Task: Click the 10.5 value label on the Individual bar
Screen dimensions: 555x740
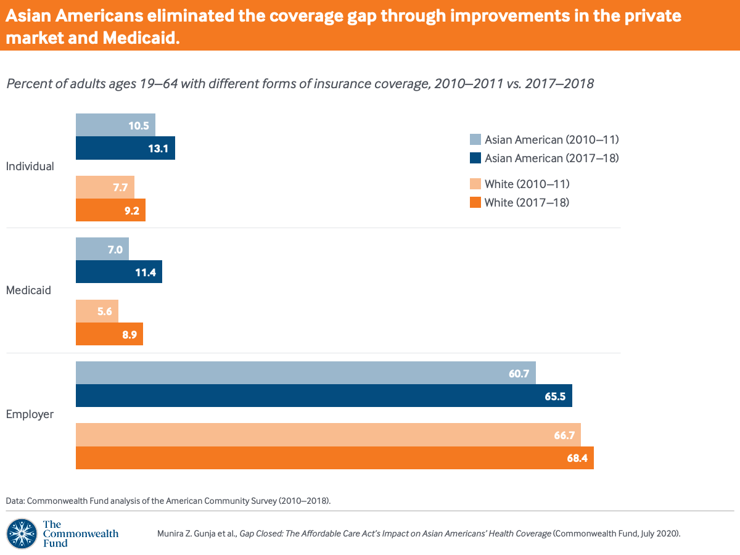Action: point(139,125)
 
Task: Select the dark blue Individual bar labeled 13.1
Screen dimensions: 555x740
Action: point(125,148)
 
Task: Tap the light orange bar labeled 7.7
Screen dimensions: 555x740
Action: point(105,187)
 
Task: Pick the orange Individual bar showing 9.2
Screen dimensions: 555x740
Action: point(110,210)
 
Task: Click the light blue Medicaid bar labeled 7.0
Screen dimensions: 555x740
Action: point(102,249)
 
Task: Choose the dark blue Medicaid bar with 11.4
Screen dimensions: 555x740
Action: point(118,272)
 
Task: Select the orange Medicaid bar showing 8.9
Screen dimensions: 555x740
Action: point(109,334)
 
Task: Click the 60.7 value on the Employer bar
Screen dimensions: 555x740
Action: point(519,373)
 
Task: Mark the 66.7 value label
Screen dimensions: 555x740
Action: point(564,435)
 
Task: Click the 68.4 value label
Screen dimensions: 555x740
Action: point(577,458)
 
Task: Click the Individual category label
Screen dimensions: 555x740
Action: point(30,166)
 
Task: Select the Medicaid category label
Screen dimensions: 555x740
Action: point(28,290)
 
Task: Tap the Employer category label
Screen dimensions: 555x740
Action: point(30,414)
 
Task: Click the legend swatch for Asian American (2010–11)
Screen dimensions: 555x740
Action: point(475,139)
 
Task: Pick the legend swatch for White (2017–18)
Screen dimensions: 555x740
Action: point(475,202)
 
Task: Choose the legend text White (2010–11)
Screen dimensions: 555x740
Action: point(527,184)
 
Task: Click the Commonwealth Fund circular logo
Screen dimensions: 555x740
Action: point(21,533)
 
